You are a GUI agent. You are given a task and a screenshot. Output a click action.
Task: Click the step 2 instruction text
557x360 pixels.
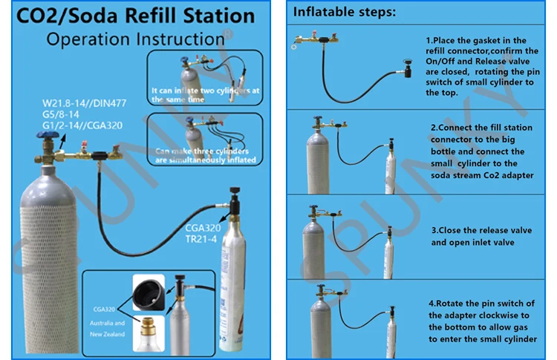[x=483, y=153]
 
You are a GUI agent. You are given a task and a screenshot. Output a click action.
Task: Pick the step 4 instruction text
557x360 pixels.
[x=481, y=320]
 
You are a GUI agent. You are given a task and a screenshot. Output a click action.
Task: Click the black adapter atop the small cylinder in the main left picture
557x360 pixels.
[x=236, y=201]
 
